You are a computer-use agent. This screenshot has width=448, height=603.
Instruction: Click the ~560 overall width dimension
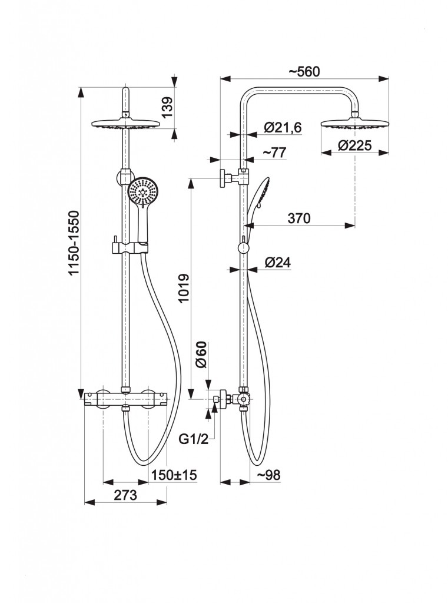304,72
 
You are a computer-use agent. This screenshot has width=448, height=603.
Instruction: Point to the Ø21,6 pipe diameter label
283,127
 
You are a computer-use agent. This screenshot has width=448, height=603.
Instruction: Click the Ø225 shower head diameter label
354,147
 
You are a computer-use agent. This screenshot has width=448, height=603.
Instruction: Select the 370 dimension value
299,218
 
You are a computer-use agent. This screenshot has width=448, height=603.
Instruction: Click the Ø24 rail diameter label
277,263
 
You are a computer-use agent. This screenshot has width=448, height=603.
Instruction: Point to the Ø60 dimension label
201,354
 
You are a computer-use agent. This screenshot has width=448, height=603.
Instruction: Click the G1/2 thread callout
193,439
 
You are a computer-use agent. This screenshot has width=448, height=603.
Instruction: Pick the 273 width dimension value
125,495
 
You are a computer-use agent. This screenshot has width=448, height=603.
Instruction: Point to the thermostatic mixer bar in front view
125,399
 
